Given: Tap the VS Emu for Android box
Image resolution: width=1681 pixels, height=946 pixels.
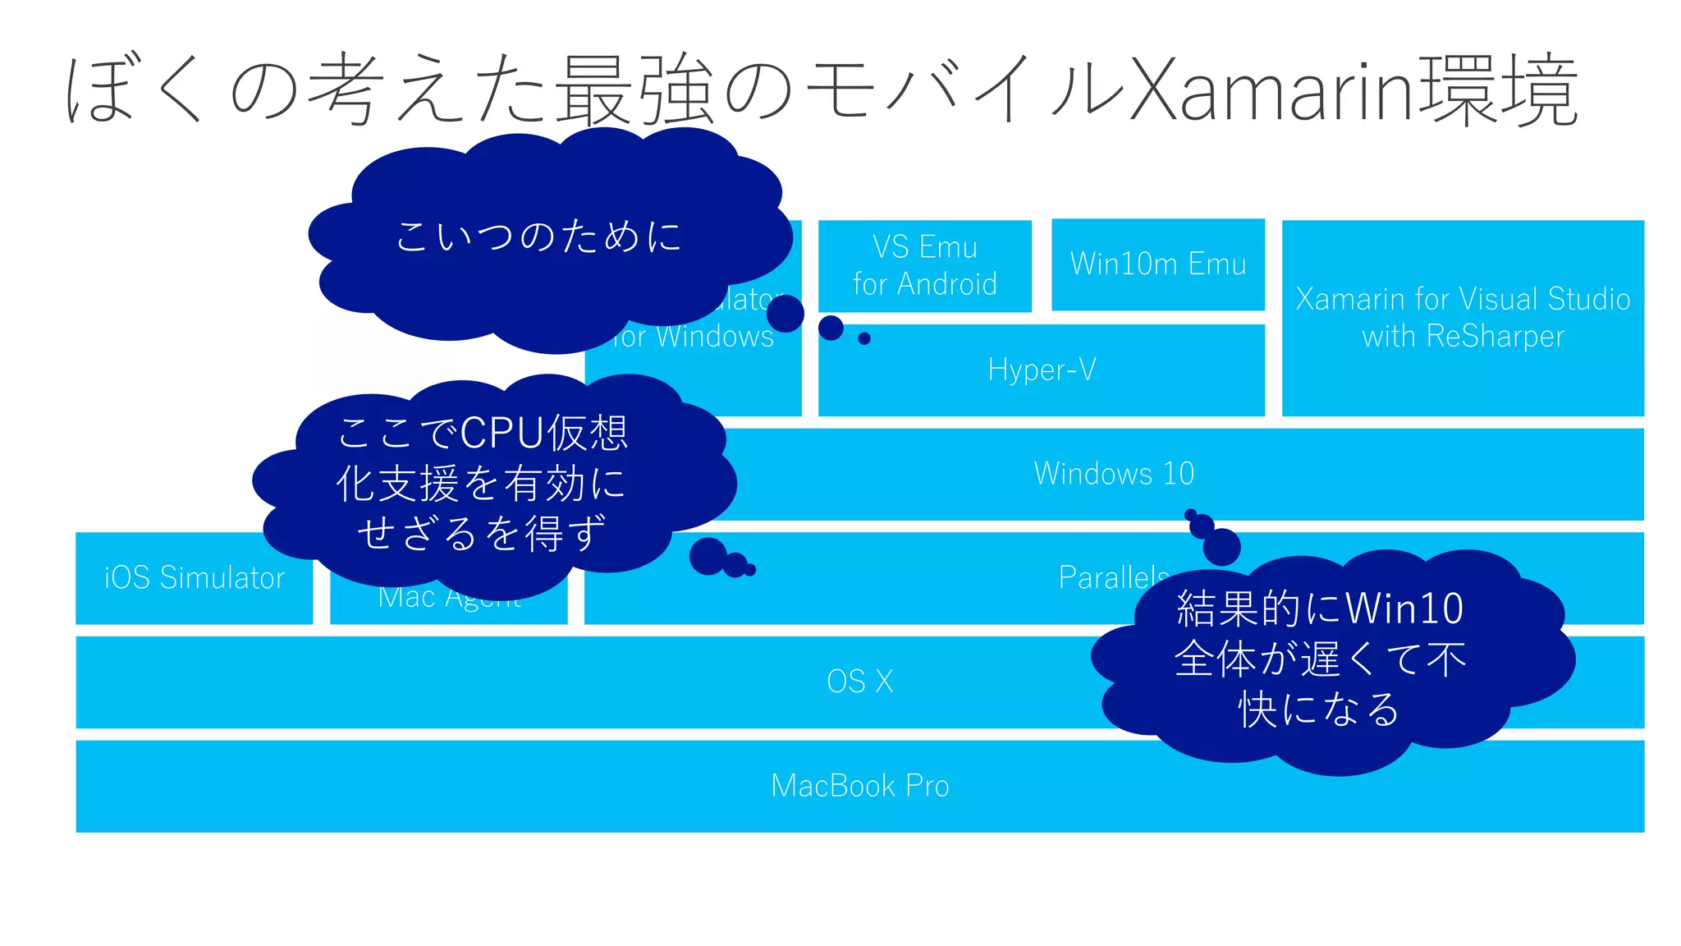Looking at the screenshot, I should (x=924, y=265).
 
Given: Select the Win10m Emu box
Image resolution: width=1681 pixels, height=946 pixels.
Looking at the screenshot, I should (x=1157, y=264).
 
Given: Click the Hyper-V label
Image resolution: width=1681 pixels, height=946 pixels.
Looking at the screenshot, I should (x=1042, y=370).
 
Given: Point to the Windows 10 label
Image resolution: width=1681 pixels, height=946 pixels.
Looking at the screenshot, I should (x=1114, y=474).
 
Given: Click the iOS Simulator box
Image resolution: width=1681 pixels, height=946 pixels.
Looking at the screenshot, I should (x=194, y=578).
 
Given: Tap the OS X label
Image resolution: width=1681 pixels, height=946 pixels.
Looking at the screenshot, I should (x=859, y=682).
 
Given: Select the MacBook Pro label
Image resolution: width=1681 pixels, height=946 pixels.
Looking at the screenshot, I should (x=859, y=786).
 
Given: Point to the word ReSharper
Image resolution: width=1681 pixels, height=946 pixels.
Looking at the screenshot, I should (x=1495, y=337).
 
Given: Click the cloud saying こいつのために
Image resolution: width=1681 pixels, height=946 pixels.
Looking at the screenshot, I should (x=538, y=236).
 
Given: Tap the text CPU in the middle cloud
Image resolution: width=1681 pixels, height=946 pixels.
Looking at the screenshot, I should (x=502, y=433).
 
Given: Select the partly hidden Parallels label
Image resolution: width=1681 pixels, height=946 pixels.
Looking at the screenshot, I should (x=1112, y=576).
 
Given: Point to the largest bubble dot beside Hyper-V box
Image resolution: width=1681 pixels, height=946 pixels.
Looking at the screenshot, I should (x=786, y=314).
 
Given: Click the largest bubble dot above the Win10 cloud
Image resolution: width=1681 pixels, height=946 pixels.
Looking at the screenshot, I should (x=1221, y=547).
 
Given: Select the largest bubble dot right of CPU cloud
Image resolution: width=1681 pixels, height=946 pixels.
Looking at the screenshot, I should (x=708, y=557).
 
